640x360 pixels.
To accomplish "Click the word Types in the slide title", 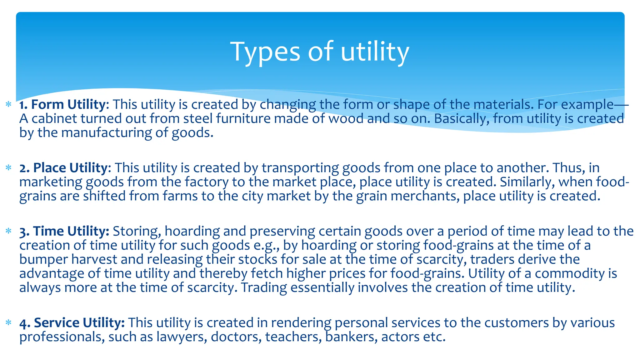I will pos(265,52).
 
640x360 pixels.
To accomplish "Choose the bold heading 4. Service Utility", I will pos(72,323).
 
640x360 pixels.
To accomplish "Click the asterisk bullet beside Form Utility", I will pos(8,104).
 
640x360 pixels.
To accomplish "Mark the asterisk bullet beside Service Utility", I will pos(8,322).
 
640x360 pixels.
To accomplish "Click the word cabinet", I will pos(52,119).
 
